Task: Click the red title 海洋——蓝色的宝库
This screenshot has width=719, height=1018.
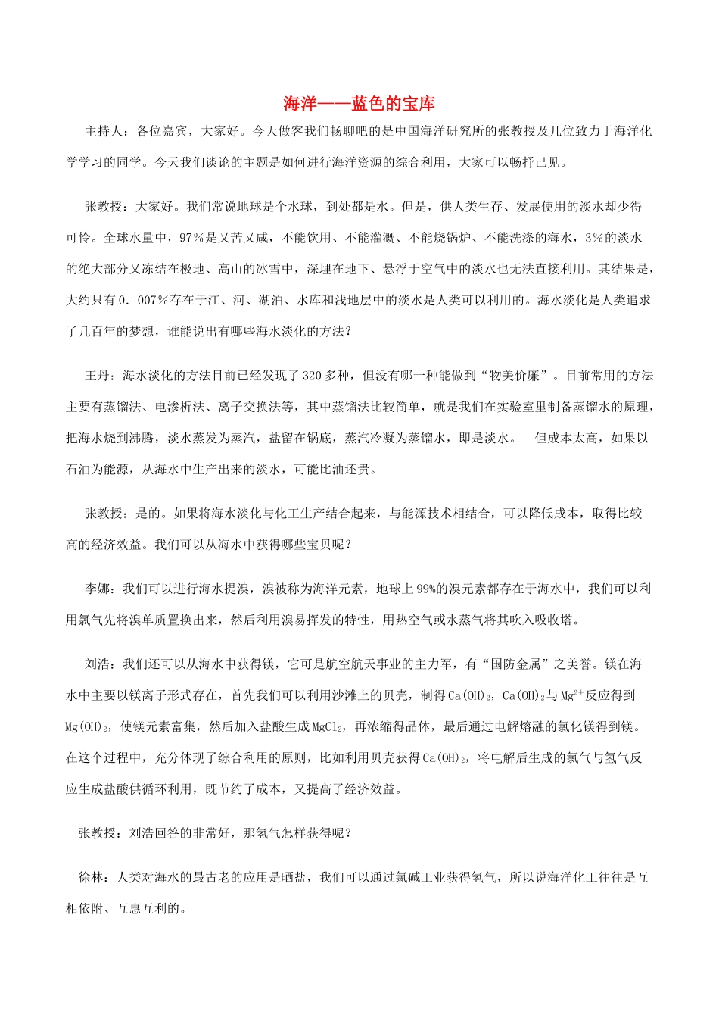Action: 359,103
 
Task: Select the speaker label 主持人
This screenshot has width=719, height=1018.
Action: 104,131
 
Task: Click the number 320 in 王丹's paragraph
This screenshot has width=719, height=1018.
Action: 313,376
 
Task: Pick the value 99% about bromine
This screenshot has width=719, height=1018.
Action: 426,589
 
